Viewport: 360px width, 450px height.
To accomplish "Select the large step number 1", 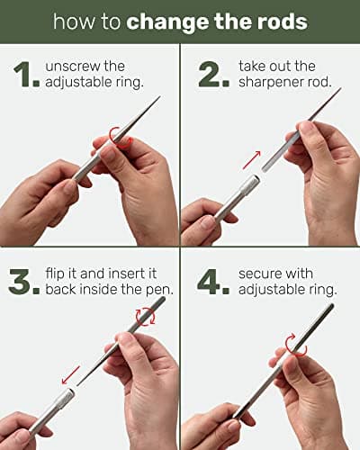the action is coord(26,75).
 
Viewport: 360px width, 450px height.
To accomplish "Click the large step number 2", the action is coord(214,75).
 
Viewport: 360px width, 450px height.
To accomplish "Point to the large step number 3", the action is coord(24,282).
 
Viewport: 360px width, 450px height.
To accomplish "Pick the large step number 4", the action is coord(213,282).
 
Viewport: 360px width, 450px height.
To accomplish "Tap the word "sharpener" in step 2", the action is coord(270,83).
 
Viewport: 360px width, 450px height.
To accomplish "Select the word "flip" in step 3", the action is coord(55,274).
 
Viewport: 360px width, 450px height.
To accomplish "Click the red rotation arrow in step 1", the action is coord(120,139).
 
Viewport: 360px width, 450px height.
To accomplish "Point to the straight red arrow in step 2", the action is coord(252,160).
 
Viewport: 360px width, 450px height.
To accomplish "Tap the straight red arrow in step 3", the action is coord(71,374).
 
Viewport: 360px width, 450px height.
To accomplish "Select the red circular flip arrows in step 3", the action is coord(146,317).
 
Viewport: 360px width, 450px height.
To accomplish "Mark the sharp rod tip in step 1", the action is coord(160,97).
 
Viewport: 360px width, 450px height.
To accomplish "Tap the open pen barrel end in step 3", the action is coord(71,391).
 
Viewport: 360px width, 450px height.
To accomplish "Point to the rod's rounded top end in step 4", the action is coord(331,306).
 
